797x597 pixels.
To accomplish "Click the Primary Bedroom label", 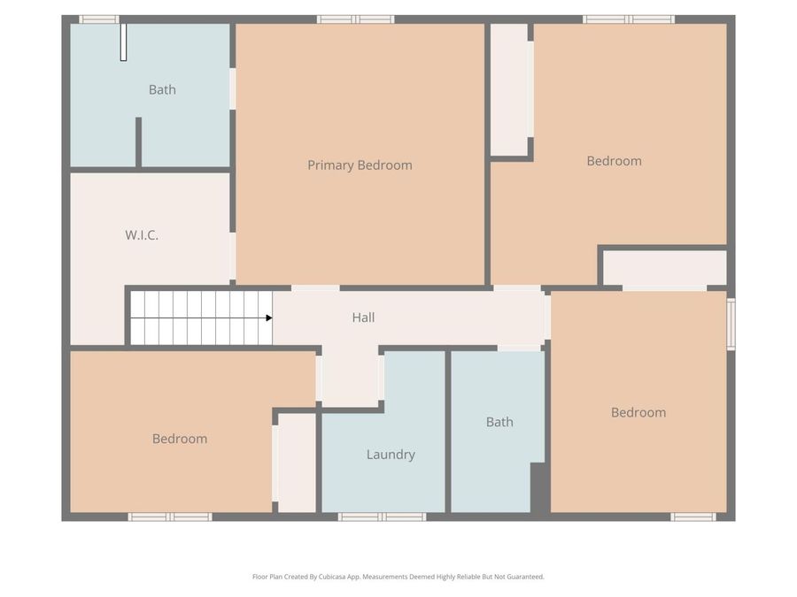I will click(x=360, y=165).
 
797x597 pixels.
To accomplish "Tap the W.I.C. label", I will click(x=142, y=235).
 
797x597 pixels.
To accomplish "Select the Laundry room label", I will click(x=391, y=455).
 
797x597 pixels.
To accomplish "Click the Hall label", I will click(x=363, y=318).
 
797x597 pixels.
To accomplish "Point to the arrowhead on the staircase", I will click(x=267, y=318).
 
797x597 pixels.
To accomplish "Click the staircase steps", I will click(x=201, y=318).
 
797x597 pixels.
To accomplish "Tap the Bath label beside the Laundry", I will click(x=499, y=422).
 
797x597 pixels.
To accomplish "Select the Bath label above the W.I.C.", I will click(x=162, y=89).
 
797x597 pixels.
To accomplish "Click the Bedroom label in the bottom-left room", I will click(x=180, y=439).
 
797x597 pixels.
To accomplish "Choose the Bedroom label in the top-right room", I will click(x=614, y=161).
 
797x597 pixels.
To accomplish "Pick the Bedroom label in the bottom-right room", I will click(x=638, y=412).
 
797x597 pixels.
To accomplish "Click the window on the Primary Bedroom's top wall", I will click(x=355, y=19).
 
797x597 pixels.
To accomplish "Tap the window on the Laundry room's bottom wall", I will click(x=383, y=517).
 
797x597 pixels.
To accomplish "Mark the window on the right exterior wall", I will click(x=731, y=325).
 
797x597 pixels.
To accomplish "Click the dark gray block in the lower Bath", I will click(x=538, y=487).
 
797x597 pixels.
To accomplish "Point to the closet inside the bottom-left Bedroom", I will click(x=297, y=463).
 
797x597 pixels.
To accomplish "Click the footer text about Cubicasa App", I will click(x=398, y=577).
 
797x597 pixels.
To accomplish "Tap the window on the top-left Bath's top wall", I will click(x=98, y=19).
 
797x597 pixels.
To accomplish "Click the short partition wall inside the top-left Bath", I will click(x=138, y=142).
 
